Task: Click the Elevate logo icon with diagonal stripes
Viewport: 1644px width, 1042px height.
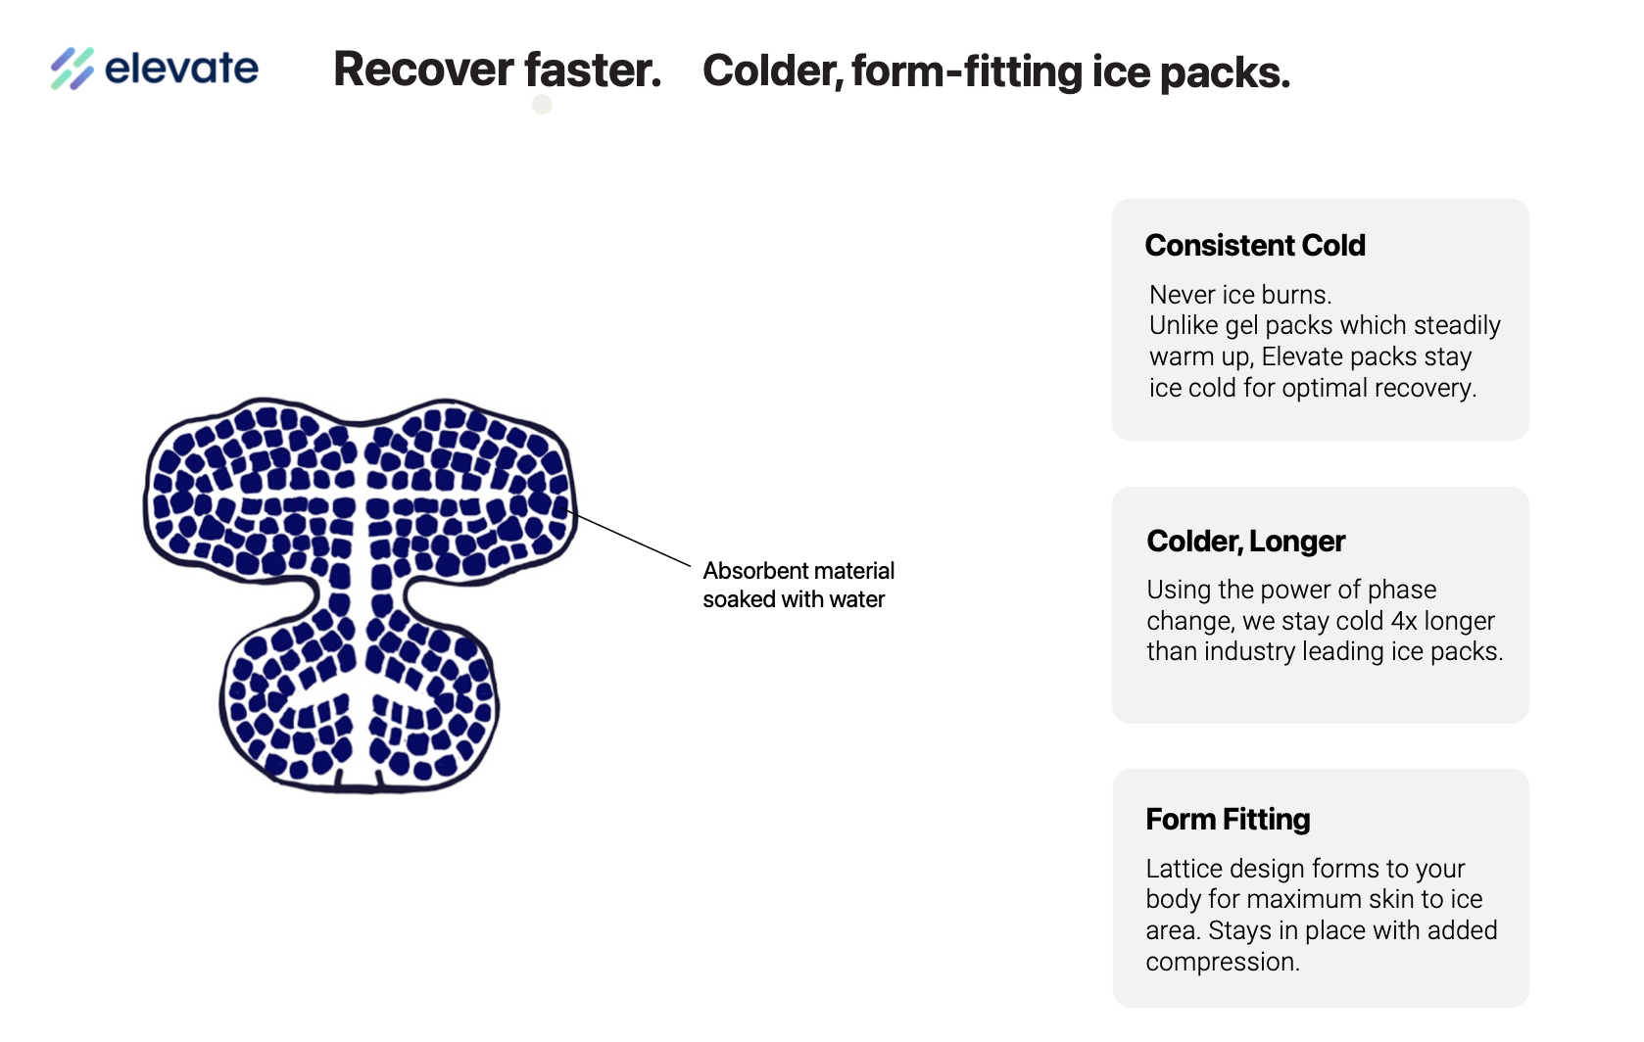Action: [x=73, y=69]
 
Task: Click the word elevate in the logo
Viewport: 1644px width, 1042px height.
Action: [x=181, y=69]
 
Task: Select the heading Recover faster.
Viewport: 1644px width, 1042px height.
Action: [x=497, y=71]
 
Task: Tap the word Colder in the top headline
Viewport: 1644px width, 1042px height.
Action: [x=772, y=71]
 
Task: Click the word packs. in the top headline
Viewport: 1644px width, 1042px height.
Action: [x=1225, y=72]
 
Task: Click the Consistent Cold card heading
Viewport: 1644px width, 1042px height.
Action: [x=1255, y=245]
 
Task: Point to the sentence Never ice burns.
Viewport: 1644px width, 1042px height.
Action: [x=1240, y=295]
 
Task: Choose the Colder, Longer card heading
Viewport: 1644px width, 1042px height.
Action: [x=1246, y=541]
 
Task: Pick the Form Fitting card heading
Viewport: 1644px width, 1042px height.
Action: [x=1228, y=819]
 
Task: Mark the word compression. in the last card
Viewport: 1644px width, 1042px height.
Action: [x=1223, y=962]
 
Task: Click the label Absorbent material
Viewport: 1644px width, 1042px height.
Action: [x=798, y=571]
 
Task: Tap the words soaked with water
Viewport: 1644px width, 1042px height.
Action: [x=794, y=599]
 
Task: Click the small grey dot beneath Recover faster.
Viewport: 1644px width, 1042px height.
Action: [x=542, y=104]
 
